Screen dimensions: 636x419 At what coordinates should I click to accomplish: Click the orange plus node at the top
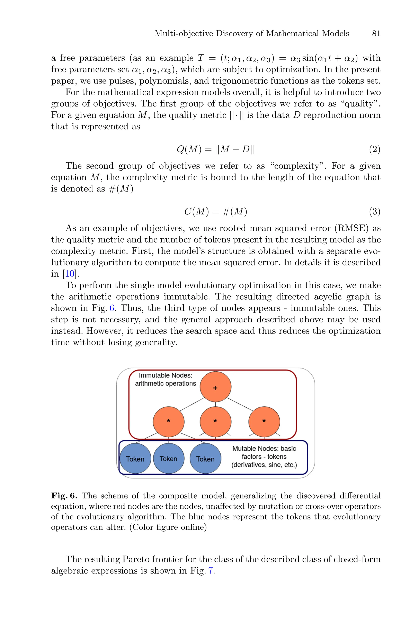(215, 387)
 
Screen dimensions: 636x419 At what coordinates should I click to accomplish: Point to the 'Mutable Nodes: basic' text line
(264, 449)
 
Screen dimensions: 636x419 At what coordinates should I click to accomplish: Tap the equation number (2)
(375, 149)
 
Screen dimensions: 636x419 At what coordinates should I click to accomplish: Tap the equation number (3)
(375, 212)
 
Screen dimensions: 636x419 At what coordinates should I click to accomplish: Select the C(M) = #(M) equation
(216, 212)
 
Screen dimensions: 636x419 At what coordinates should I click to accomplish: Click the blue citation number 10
(70, 274)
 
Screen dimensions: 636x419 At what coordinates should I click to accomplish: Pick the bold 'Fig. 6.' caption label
(64, 496)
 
